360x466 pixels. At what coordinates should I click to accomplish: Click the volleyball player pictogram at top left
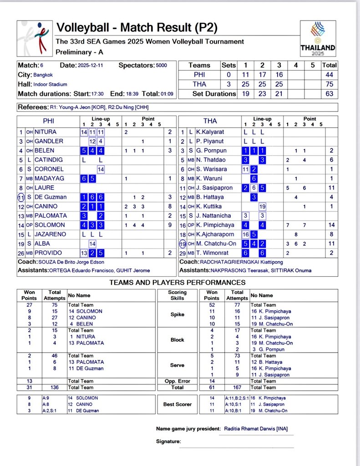point(35,39)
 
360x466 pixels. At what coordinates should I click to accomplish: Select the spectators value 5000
point(161,66)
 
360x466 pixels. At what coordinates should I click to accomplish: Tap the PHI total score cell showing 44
point(330,75)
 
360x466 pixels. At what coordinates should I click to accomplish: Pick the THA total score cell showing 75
point(330,84)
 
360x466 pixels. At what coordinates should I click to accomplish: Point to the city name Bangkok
point(44,75)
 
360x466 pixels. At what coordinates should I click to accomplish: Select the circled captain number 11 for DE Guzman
point(21,197)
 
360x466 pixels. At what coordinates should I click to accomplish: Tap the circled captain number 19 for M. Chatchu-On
point(183,243)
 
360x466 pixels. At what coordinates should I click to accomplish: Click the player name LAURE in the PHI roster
point(44,187)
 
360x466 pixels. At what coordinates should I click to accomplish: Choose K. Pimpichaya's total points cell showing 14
point(332,225)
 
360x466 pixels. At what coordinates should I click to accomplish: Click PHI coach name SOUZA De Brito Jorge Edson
point(69,262)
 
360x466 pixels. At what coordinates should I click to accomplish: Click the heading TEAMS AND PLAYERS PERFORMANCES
point(177,283)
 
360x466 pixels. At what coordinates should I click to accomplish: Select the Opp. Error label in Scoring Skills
point(177,381)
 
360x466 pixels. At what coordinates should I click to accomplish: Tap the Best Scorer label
point(177,404)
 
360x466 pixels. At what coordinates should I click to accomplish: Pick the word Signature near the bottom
point(168,441)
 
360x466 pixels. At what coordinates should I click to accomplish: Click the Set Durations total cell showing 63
point(330,94)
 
